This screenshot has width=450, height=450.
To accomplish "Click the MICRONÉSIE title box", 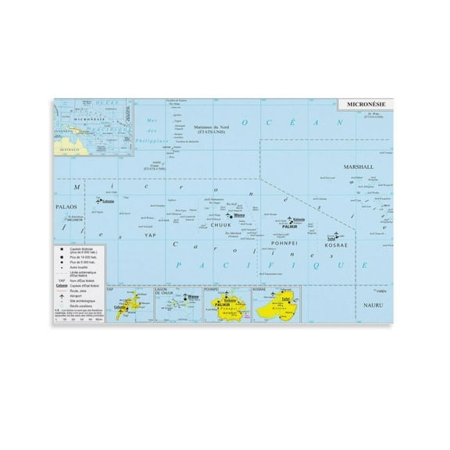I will click(364, 102).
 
